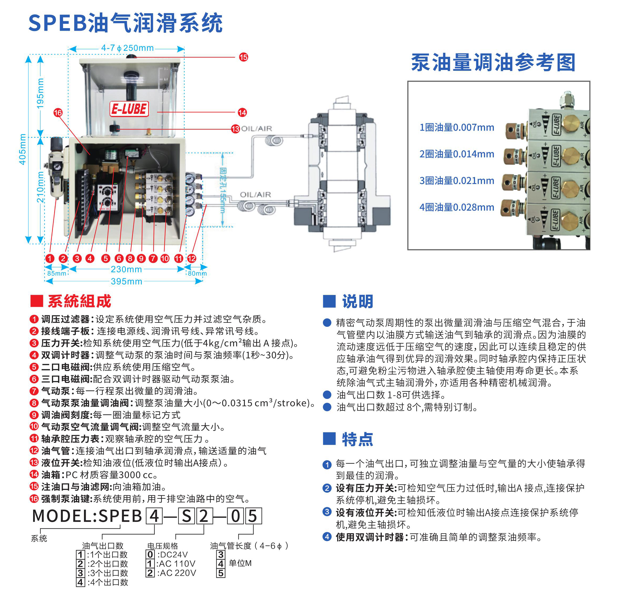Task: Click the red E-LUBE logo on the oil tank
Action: click(x=129, y=109)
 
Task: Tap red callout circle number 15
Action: click(x=243, y=57)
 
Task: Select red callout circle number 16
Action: click(x=58, y=112)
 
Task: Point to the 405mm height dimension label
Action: click(x=22, y=149)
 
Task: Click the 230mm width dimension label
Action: click(x=126, y=269)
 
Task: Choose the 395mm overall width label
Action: click(x=127, y=281)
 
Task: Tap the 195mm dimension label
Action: click(x=40, y=94)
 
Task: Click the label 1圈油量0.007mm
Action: click(x=457, y=127)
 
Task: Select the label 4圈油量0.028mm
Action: click(x=457, y=207)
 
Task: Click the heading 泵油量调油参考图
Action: click(x=493, y=62)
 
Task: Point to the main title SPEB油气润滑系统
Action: click(x=126, y=23)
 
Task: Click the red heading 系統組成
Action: click(x=79, y=301)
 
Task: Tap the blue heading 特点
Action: click(x=357, y=439)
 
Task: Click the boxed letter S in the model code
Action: click(x=186, y=516)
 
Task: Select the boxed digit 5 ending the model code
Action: click(x=253, y=516)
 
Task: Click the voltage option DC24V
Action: click(x=174, y=554)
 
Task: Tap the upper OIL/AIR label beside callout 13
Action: click(x=256, y=129)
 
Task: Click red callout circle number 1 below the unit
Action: click(x=50, y=259)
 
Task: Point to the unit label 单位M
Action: click(x=240, y=563)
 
